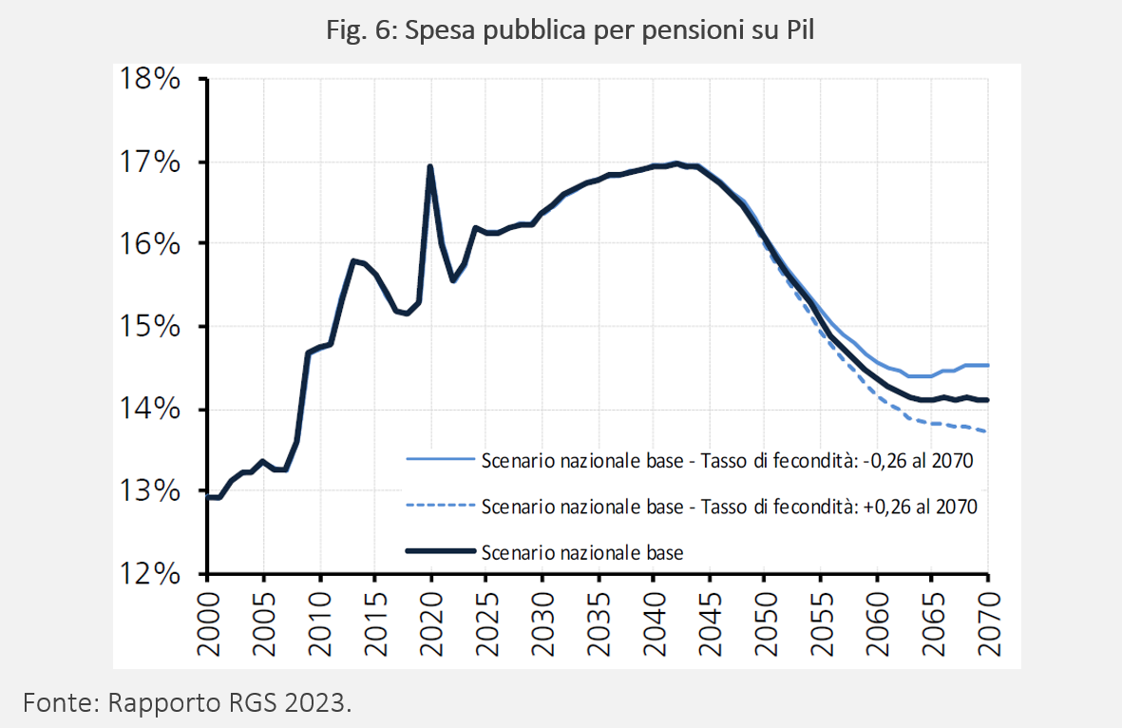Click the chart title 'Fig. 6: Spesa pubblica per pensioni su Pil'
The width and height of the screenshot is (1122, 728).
(x=570, y=30)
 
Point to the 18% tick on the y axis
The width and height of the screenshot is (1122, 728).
(x=149, y=78)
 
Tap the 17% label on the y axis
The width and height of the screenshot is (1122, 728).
(x=149, y=162)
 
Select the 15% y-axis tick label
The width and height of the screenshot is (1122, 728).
(x=149, y=326)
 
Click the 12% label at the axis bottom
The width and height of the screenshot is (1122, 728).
(x=149, y=573)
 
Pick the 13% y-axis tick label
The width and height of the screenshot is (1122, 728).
(x=149, y=491)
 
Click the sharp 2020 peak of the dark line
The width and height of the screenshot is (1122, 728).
(x=430, y=166)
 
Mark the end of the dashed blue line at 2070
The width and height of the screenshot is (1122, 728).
(x=987, y=431)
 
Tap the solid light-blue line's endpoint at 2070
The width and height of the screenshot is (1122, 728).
(x=987, y=365)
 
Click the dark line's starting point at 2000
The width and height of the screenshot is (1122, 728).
(x=208, y=497)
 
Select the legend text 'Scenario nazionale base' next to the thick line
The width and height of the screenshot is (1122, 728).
(x=582, y=552)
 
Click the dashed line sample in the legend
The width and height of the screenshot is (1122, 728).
(x=440, y=506)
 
